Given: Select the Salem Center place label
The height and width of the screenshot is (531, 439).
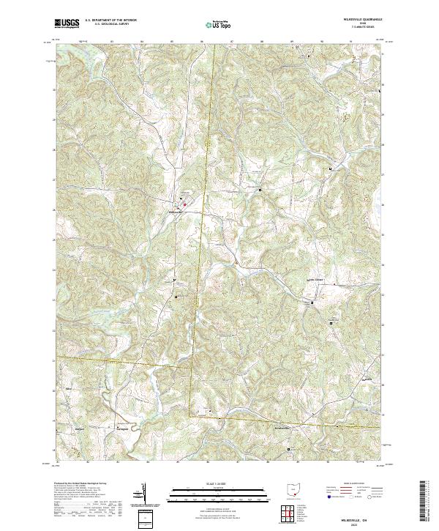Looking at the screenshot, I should click(314, 279).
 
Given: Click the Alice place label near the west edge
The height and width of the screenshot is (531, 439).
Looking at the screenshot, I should click(68, 389).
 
